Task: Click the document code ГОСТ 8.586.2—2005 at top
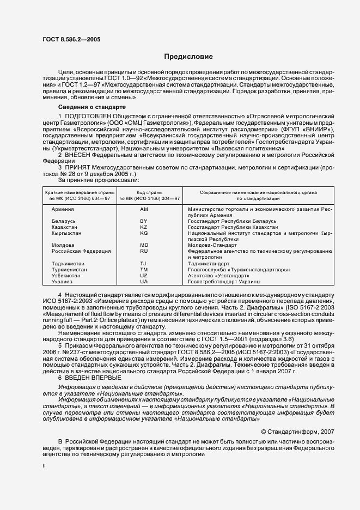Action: [x=71, y=39]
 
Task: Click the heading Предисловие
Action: [x=188, y=57]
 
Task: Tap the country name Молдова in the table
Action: [x=63, y=245]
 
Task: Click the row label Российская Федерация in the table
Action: [x=81, y=251]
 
